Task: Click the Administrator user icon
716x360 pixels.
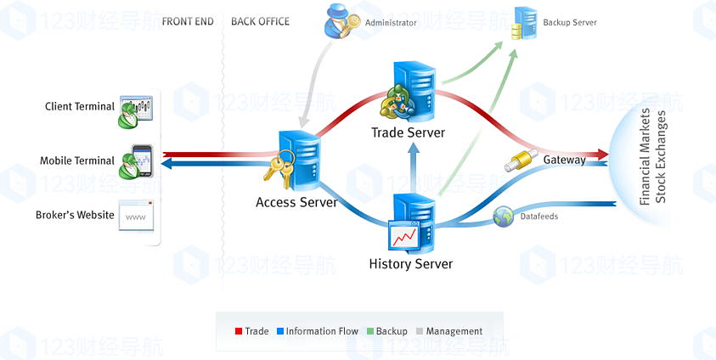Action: tap(341, 22)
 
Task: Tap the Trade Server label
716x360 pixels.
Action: tap(408, 132)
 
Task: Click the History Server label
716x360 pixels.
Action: tap(410, 264)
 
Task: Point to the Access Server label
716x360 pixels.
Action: tap(296, 202)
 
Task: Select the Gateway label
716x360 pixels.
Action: tap(564, 160)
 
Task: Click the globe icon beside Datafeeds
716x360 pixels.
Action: tap(503, 217)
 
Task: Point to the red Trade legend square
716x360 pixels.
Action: tap(239, 331)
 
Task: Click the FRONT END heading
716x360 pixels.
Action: tap(187, 22)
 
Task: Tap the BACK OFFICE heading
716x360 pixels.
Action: tap(260, 22)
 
